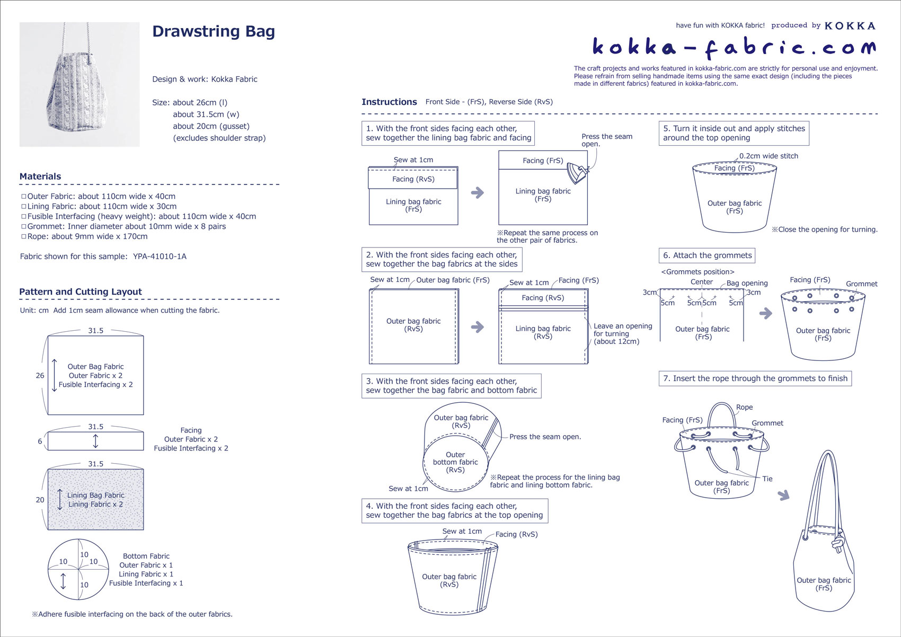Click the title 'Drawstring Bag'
coord(213,32)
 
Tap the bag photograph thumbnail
coord(79,84)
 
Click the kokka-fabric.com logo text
coord(734,48)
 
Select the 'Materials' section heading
coord(40,176)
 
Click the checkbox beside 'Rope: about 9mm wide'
coord(23,236)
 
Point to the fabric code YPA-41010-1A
coord(160,256)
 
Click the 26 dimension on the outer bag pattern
coord(40,376)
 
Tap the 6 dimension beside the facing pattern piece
coord(40,441)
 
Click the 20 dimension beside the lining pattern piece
coord(40,500)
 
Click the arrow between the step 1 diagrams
coord(478,192)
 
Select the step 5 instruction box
coord(734,133)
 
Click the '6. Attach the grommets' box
coord(707,255)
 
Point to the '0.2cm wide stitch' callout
coord(768,156)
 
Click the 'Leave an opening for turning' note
coord(622,334)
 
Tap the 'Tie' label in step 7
coord(767,479)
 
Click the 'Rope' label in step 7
coord(744,408)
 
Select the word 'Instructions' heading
coord(389,102)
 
